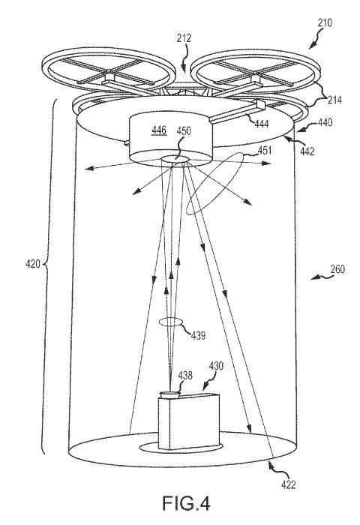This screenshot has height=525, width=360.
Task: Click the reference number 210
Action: point(325,22)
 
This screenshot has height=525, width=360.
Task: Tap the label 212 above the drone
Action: point(184,38)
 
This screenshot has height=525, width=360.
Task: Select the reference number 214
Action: point(334,100)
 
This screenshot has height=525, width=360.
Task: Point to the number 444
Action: point(261,124)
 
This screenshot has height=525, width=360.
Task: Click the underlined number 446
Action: point(159,130)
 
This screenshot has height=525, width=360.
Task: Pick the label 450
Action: point(184,130)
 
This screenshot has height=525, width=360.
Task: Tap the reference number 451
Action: point(264,151)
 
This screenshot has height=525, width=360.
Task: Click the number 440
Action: point(325,122)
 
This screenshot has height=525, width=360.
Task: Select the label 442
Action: point(307,151)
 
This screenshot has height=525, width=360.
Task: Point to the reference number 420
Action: point(33,264)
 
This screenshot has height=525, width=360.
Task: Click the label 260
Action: point(337,269)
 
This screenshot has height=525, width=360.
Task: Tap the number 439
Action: point(198,335)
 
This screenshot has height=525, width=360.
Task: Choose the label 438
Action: point(185,376)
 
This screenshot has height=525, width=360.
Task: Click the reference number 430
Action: point(216,366)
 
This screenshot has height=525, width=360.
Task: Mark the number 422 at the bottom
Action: point(288,484)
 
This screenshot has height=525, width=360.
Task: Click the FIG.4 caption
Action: point(186,503)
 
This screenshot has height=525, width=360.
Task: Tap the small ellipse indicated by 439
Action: point(171,318)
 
